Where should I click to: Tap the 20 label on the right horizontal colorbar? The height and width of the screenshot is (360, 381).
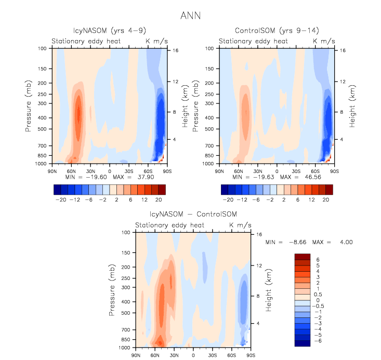click(x=325, y=199)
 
